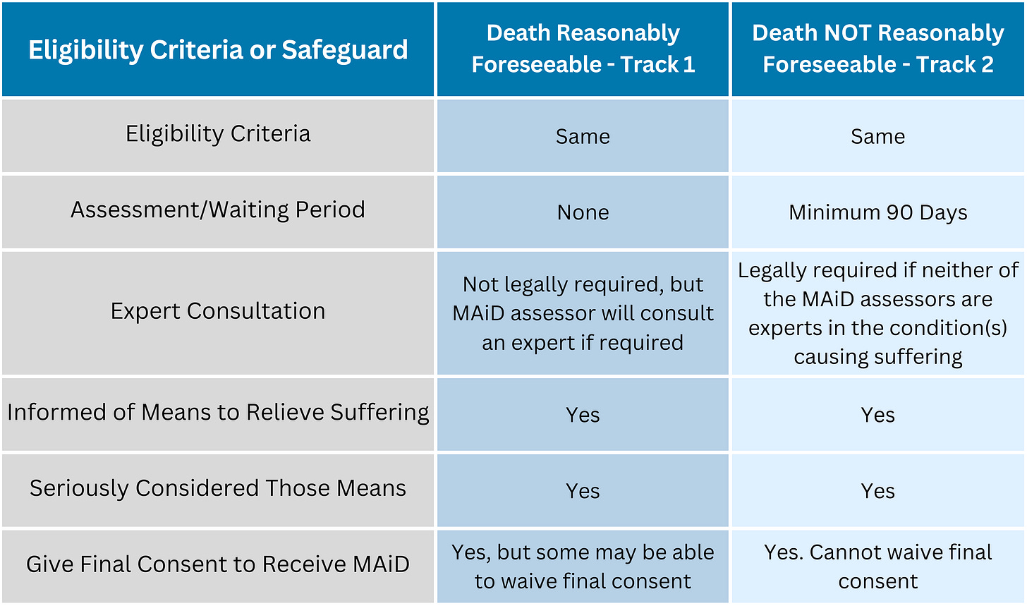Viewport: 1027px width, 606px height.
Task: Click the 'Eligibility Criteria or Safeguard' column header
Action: pyautogui.click(x=218, y=49)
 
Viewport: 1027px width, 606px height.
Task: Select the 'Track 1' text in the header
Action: pyautogui.click(x=657, y=64)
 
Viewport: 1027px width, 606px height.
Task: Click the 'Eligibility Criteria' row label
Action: pyautogui.click(x=218, y=134)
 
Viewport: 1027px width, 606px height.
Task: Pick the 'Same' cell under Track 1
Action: pyautogui.click(x=583, y=137)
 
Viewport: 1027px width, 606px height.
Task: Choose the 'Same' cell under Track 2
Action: pyautogui.click(x=877, y=137)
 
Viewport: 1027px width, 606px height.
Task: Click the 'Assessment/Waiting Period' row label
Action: pyautogui.click(x=218, y=210)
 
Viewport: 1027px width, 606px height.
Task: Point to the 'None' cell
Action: pyautogui.click(x=583, y=212)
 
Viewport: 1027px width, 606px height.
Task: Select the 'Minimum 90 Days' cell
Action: pyautogui.click(x=877, y=212)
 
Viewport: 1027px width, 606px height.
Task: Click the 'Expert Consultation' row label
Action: pyautogui.click(x=218, y=311)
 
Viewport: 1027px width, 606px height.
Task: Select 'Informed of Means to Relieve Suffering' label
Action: pyautogui.click(x=218, y=413)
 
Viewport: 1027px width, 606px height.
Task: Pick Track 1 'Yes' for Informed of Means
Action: pyautogui.click(x=583, y=415)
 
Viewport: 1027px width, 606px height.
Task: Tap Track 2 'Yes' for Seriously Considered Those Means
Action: pyautogui.click(x=877, y=491)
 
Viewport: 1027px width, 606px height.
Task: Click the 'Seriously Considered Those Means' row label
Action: pyautogui.click(x=218, y=489)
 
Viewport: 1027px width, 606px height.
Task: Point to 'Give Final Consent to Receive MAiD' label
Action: pyautogui.click(x=218, y=564)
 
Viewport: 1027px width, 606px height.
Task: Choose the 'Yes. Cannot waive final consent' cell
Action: pyautogui.click(x=877, y=567)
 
